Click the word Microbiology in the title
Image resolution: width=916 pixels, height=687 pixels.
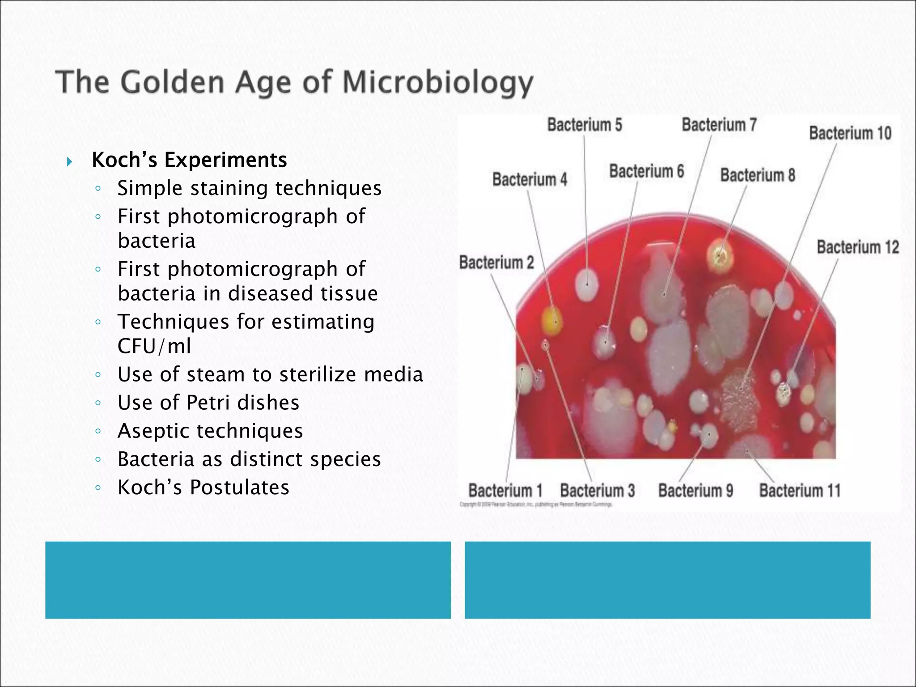tap(437, 84)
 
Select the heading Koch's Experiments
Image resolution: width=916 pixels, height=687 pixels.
tap(189, 160)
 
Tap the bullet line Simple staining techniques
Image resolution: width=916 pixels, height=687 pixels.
tap(249, 188)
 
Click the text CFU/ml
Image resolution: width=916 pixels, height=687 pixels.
tap(154, 346)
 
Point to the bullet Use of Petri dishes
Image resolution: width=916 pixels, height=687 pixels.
tap(208, 403)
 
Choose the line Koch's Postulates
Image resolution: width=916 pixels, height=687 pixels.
tap(203, 487)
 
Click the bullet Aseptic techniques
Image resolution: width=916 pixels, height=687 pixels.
tap(210, 431)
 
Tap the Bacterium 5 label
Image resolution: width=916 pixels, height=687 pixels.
tap(585, 125)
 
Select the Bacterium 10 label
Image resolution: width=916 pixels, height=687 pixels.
tap(850, 133)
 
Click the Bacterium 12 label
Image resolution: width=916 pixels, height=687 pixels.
tap(857, 247)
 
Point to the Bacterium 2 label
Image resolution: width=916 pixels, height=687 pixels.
tap(496, 263)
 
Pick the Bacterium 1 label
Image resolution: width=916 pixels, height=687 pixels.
tap(505, 491)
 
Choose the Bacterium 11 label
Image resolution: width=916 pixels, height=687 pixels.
tap(800, 491)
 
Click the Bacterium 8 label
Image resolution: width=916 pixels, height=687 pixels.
tap(757, 175)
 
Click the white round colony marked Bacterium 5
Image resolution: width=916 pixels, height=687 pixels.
tap(586, 284)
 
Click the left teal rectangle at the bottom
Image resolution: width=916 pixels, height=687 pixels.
tap(248, 580)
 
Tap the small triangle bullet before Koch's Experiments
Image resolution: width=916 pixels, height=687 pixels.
tap(69, 161)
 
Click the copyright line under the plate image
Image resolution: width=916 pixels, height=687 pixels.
tap(535, 505)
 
